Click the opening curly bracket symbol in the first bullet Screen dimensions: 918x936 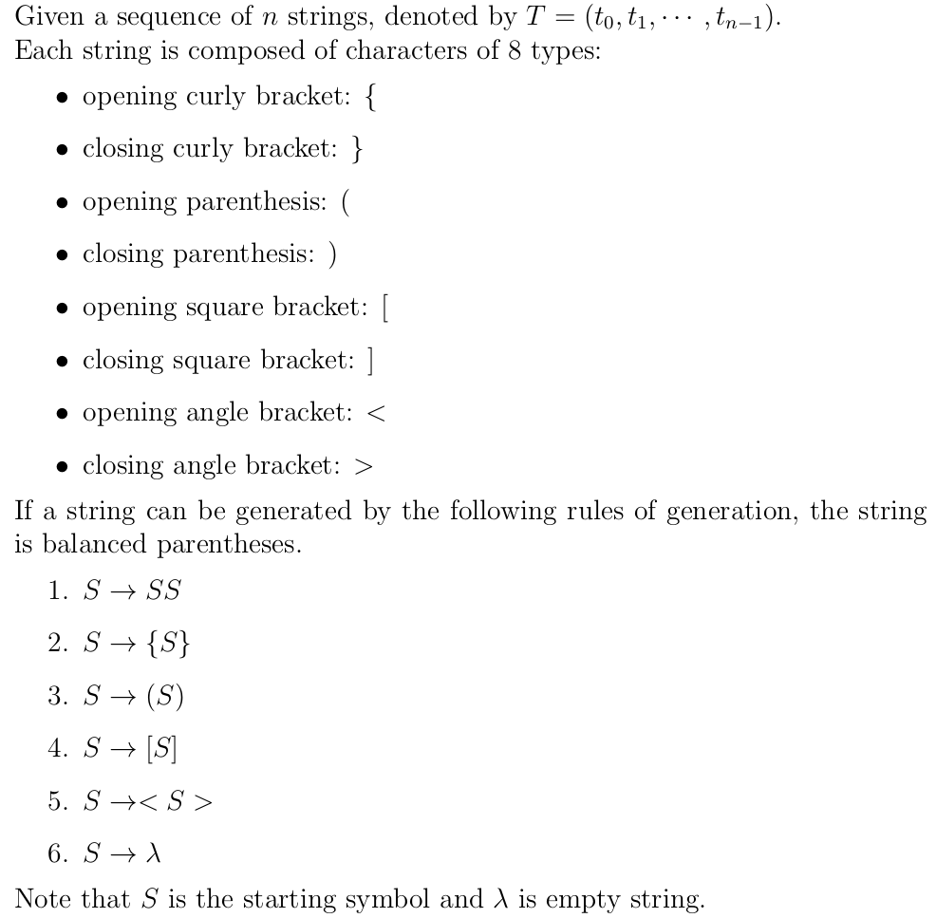tap(369, 98)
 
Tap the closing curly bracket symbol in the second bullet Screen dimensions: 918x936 tap(357, 150)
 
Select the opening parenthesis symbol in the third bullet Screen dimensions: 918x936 tap(346, 202)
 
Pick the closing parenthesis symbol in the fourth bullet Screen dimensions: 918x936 tap(333, 255)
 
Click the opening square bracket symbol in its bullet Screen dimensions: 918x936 tap(384, 309)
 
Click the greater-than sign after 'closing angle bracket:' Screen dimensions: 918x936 tap(363, 466)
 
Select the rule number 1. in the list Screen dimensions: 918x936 tap(59, 591)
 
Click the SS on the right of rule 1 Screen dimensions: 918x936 tap(163, 591)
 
